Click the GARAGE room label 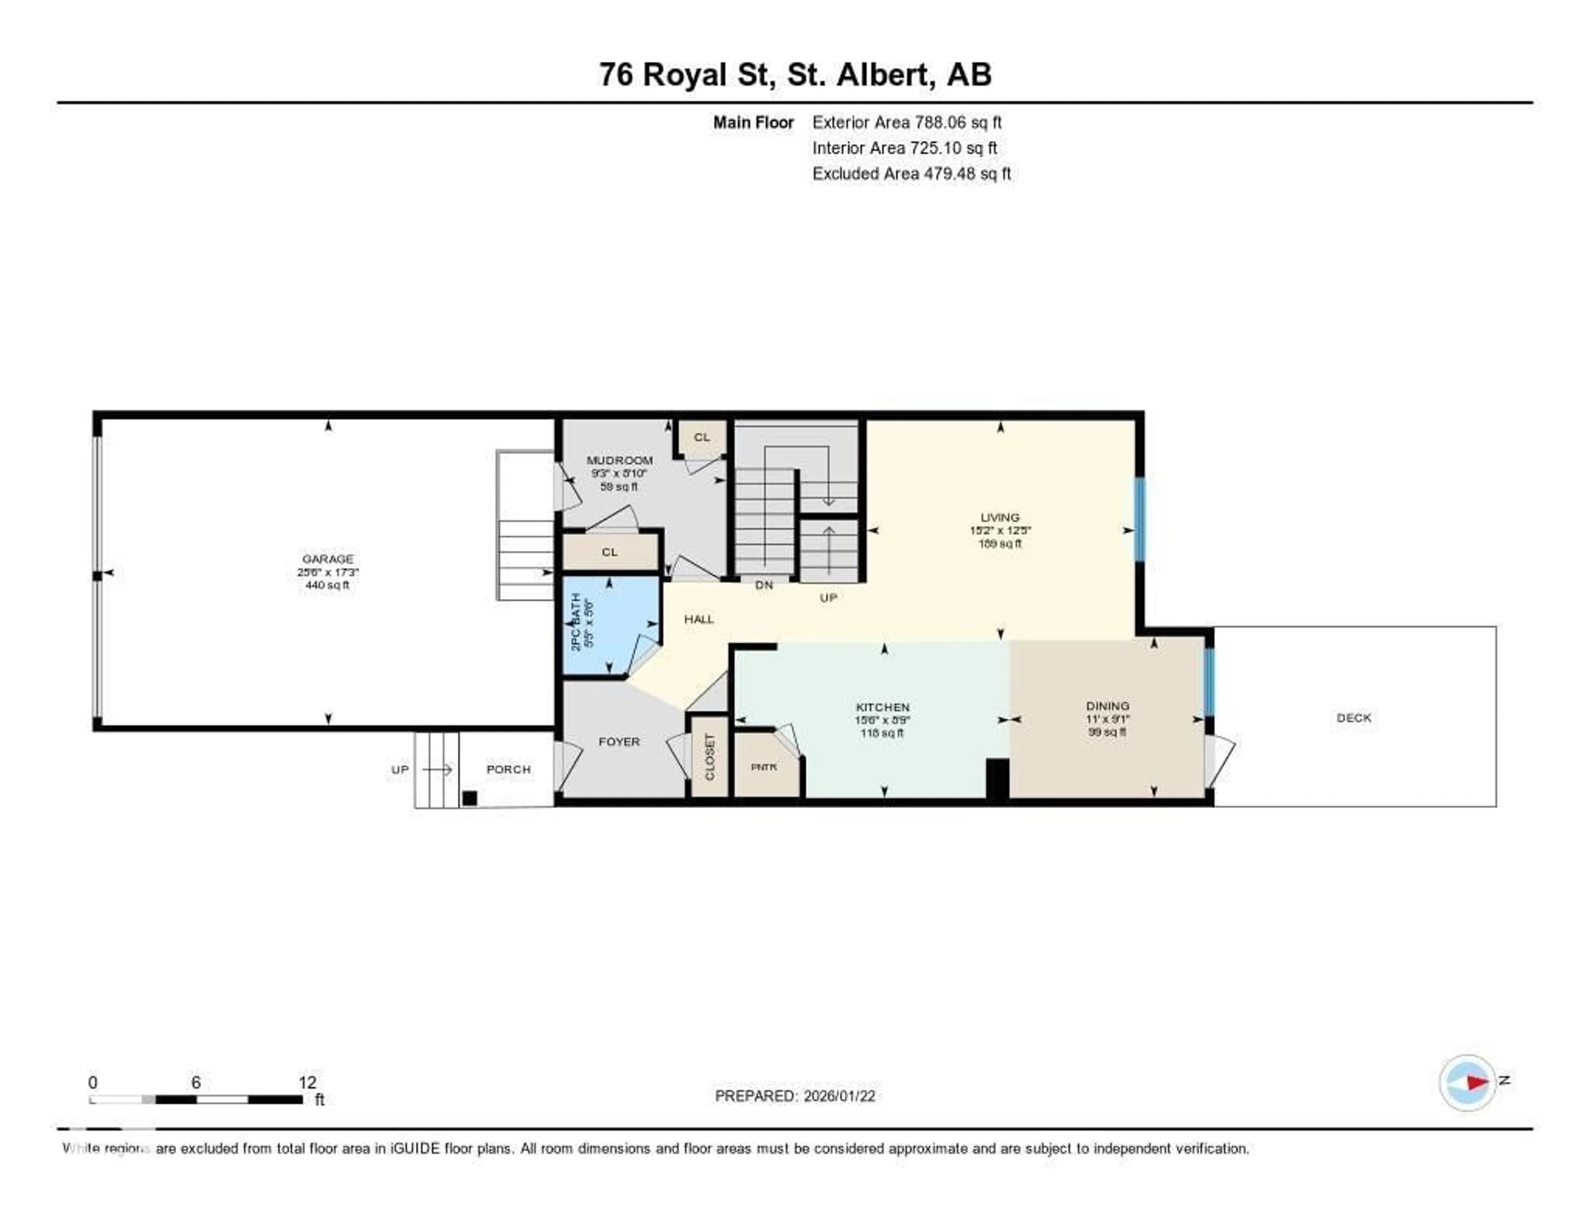[x=328, y=559]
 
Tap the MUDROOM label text [x=619, y=460]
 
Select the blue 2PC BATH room [x=610, y=626]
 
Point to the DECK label [x=1354, y=718]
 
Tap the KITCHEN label [x=882, y=707]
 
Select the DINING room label [x=1107, y=705]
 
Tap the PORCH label [x=508, y=769]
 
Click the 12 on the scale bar [x=307, y=1082]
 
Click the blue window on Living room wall [x=1140, y=519]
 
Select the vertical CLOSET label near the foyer [x=710, y=757]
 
